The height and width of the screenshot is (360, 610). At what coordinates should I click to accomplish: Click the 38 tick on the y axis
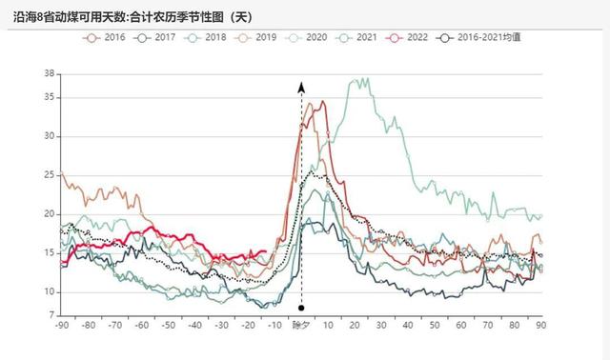click(51, 73)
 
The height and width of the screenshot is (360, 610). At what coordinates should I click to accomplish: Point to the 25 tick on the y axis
click(51, 175)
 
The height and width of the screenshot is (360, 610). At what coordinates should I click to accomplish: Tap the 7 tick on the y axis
click(52, 315)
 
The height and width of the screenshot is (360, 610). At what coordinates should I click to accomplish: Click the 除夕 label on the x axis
click(301, 327)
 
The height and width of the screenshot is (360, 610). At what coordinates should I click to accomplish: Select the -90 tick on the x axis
click(62, 327)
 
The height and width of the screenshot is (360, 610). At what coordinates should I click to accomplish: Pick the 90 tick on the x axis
click(541, 327)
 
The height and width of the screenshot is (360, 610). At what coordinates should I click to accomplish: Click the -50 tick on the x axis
click(168, 327)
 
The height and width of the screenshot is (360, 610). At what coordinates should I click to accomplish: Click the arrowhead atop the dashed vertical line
click(301, 87)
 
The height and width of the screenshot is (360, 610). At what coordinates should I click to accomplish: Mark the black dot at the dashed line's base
click(301, 308)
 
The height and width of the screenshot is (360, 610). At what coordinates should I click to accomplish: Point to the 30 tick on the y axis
click(51, 136)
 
